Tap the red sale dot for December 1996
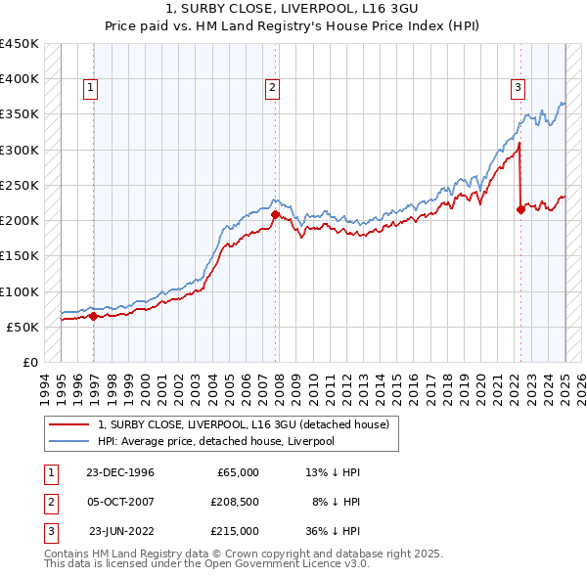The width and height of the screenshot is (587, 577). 94,316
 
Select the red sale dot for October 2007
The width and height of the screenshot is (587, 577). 275,214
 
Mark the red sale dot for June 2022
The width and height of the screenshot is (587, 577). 520,209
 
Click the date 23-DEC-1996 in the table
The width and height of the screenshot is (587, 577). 119,472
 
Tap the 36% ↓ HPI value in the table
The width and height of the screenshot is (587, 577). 335,531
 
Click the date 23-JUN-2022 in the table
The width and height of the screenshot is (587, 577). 121,531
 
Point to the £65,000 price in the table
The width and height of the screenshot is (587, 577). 237,472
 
